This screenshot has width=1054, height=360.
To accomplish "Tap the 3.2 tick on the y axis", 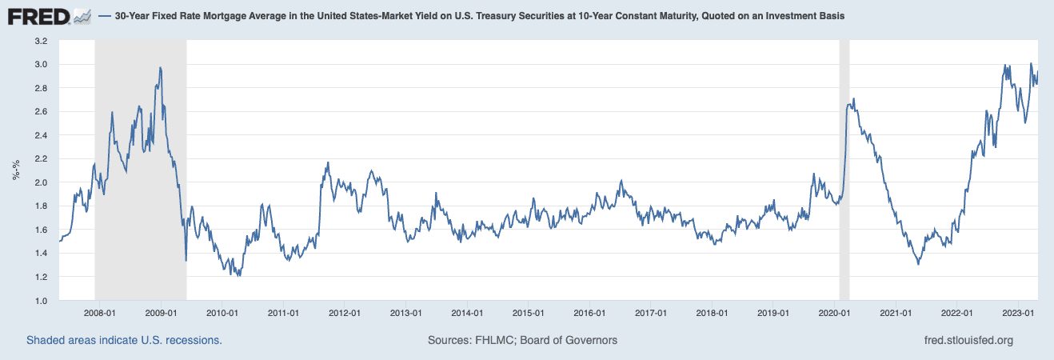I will [x=40, y=40].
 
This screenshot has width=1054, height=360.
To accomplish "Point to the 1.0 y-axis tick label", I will [x=40, y=300].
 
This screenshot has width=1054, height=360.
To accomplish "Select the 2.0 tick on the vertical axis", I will [x=40, y=182].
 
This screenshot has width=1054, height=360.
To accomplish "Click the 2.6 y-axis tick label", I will [x=40, y=111].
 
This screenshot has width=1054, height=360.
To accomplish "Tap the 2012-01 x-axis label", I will [x=345, y=313].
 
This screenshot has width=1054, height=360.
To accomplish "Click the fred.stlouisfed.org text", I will [x=968, y=340].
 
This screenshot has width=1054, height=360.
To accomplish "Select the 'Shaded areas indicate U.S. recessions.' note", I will [x=124, y=340].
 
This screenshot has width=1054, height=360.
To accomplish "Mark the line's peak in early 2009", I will [x=161, y=68].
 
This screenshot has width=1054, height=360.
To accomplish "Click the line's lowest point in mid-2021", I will [x=918, y=264].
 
